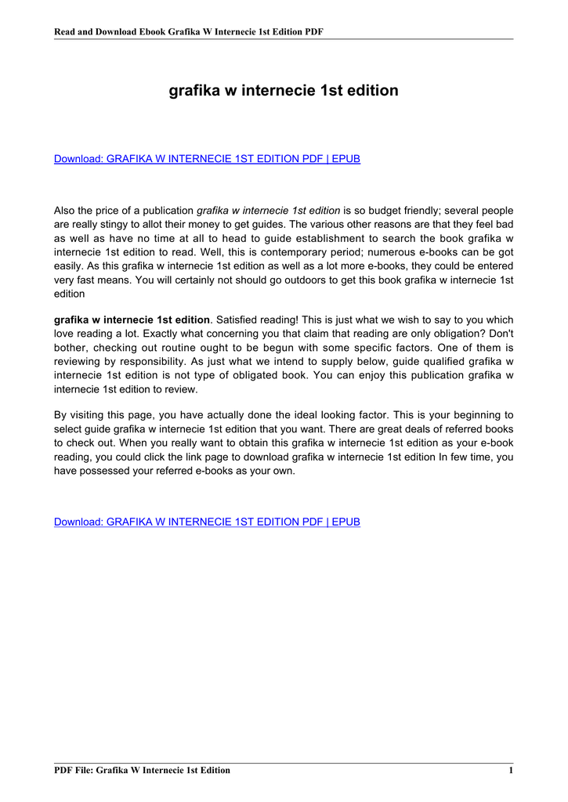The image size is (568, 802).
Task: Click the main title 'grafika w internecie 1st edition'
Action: pos(284,91)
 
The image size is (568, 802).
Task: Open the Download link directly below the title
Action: pos(207,159)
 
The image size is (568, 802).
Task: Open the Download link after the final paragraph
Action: pos(207,522)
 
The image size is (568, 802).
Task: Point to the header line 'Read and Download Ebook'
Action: pos(188,32)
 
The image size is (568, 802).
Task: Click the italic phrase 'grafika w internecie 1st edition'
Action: pos(268,211)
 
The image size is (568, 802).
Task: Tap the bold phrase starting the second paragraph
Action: pos(132,320)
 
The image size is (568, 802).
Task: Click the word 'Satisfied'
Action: pos(239,320)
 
